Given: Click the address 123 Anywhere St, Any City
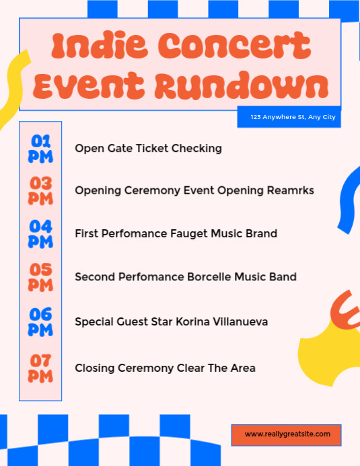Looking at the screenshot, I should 293,118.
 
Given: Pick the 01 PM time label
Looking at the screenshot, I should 40,148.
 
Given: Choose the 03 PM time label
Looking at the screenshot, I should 40,191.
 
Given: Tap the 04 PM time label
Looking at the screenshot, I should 40,233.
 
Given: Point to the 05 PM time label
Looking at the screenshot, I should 40,277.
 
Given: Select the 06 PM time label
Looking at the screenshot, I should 40,321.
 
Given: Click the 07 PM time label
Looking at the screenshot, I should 40,368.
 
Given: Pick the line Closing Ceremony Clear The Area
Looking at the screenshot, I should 165,368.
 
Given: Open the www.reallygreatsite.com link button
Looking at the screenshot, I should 287,435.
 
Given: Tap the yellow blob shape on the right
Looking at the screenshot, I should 330,353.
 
